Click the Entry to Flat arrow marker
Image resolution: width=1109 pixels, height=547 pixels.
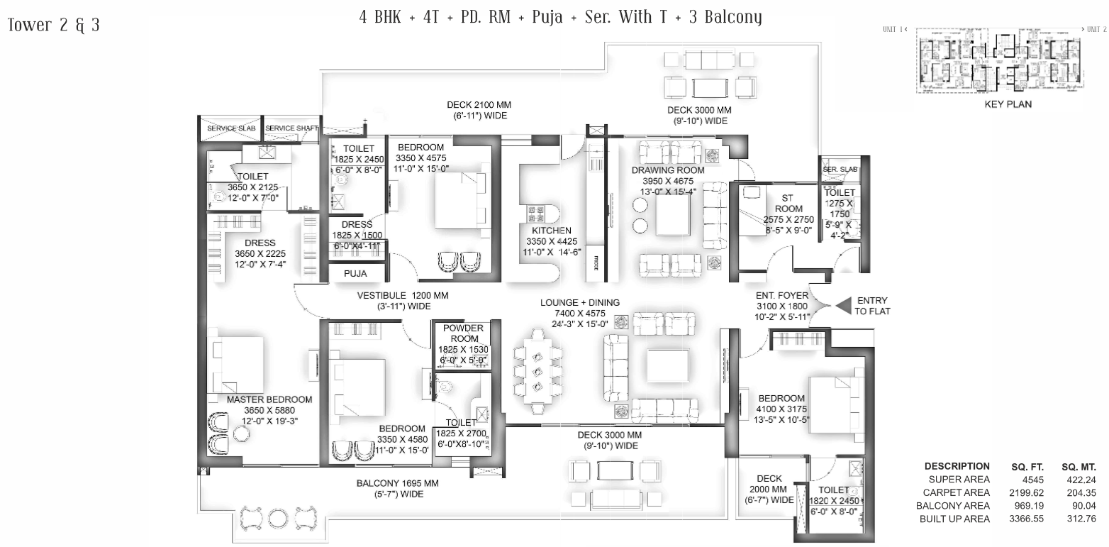(x=844, y=305)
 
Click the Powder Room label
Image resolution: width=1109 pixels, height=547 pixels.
(x=463, y=333)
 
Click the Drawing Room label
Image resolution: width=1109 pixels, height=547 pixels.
(x=668, y=170)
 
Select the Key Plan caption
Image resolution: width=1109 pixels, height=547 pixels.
(x=1008, y=104)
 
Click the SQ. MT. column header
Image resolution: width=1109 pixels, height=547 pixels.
(x=1078, y=467)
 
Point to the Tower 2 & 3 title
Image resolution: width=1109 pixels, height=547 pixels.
(x=53, y=26)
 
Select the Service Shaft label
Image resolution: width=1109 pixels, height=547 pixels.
(x=291, y=128)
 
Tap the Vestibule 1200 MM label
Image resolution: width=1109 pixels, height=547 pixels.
(x=402, y=295)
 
